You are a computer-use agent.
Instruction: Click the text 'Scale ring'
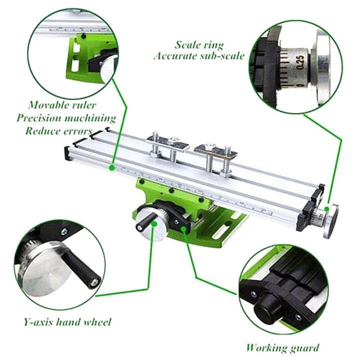click(x=199, y=44)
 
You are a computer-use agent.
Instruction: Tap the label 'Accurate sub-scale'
click(x=199, y=55)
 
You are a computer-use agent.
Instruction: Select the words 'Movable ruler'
click(x=62, y=105)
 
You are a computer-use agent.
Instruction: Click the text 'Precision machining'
click(x=65, y=118)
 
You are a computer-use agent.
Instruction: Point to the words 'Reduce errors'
click(x=58, y=130)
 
